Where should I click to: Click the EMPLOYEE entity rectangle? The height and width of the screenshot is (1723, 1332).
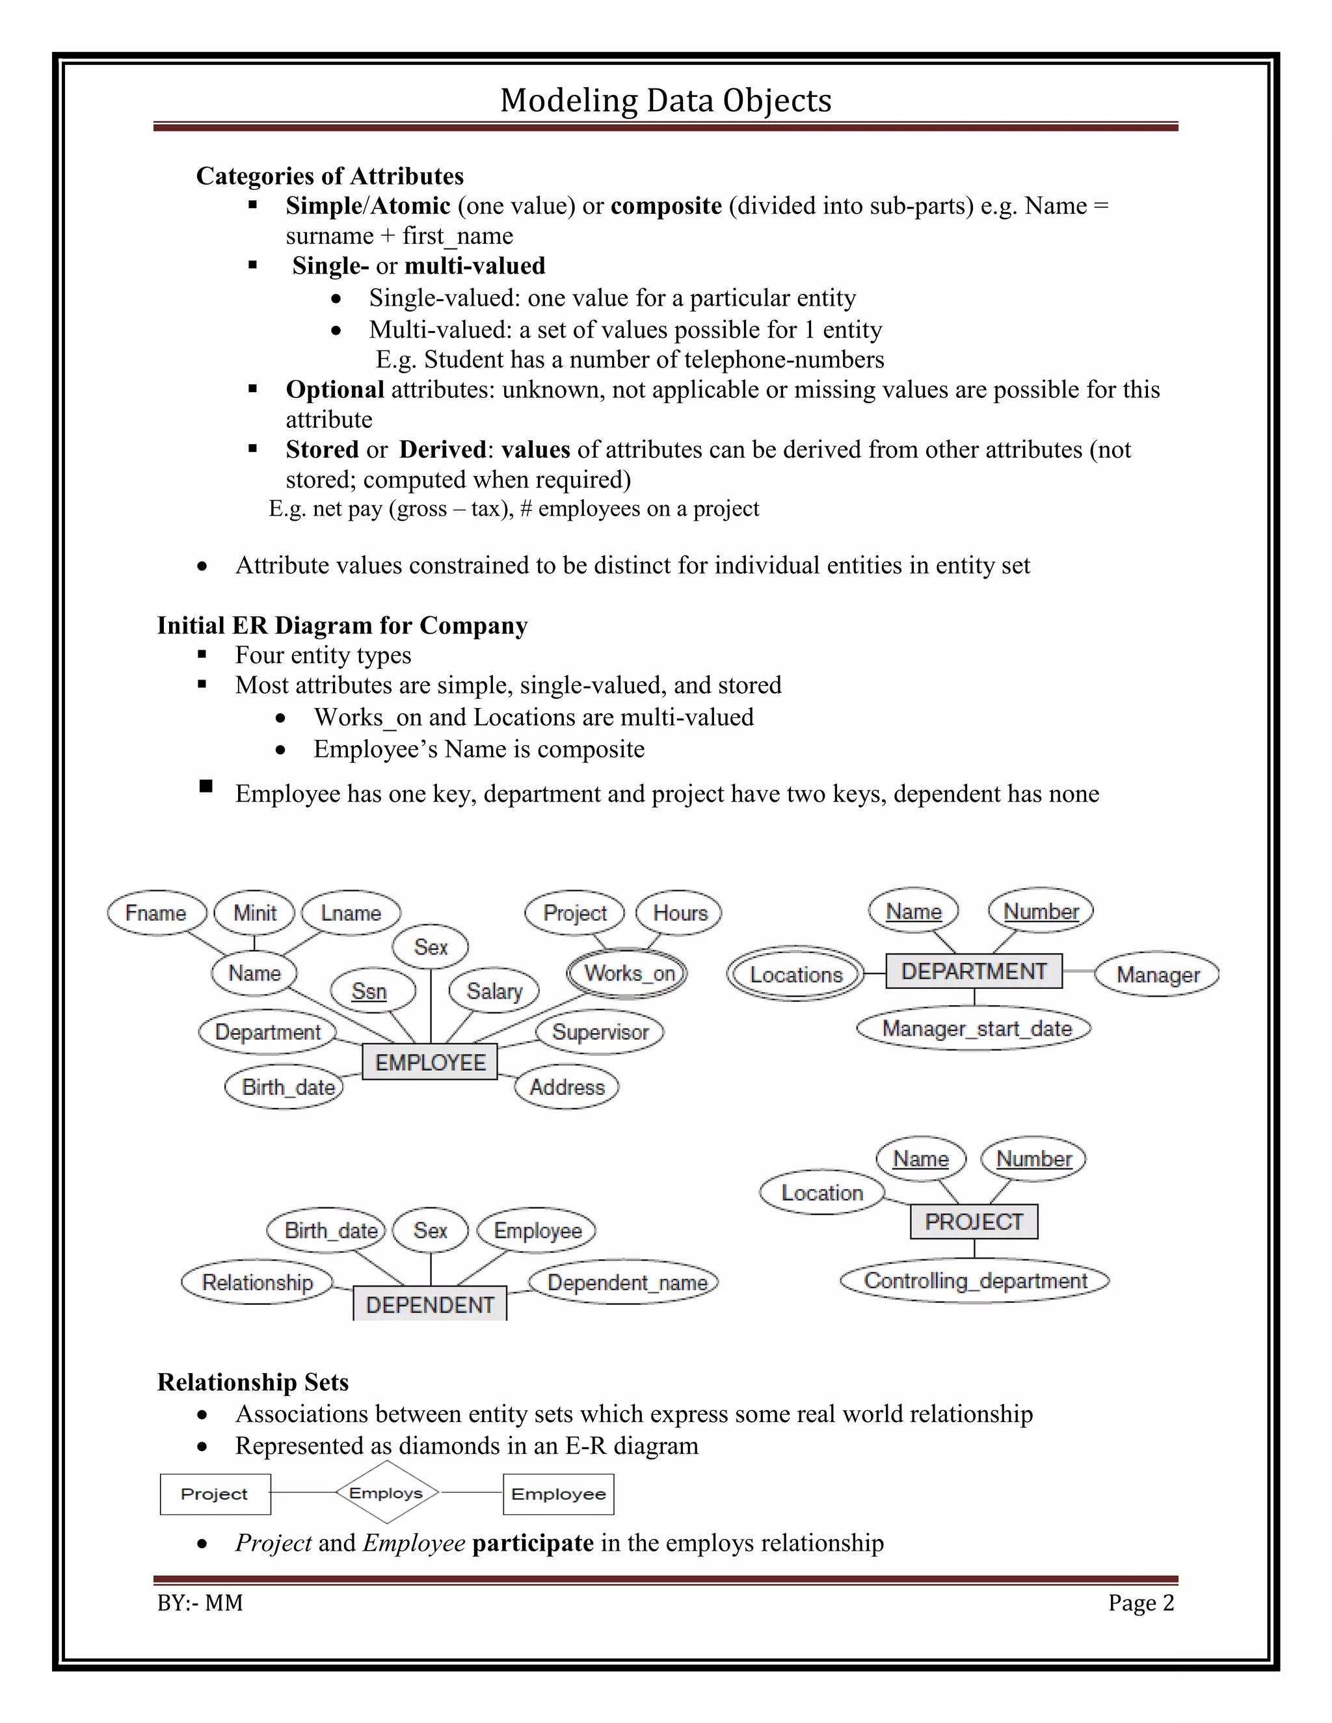coord(430,1062)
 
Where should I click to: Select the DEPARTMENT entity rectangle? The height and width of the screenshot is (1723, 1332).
coord(974,971)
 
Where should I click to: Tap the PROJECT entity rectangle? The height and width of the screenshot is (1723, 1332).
coord(974,1221)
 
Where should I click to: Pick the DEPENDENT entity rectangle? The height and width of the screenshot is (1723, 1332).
coord(430,1304)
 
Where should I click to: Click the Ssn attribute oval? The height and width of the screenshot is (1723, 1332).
coord(369,991)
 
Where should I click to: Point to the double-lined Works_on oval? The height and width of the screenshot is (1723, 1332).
coord(628,973)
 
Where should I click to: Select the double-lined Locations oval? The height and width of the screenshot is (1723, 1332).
coord(795,975)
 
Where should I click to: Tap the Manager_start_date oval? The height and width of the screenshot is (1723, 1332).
coord(976,1029)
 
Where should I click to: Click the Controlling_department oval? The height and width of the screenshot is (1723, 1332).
coord(976,1280)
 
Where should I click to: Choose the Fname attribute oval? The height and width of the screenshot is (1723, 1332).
coord(156,913)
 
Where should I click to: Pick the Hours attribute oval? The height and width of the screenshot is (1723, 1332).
coord(680,913)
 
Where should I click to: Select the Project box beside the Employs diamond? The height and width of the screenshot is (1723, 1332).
coord(215,1494)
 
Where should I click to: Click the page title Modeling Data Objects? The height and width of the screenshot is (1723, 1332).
coord(665,100)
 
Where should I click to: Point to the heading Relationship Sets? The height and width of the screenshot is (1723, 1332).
coord(252,1382)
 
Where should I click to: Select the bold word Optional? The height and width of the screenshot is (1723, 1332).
coord(334,389)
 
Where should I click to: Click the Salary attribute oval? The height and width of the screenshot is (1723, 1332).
coord(495,991)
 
